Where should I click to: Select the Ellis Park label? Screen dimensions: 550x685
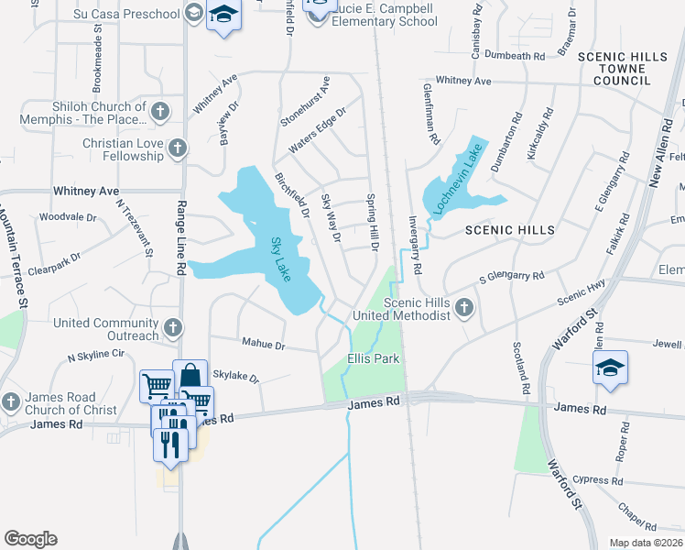click(x=374, y=358)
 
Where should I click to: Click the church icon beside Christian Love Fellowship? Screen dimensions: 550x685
click(x=178, y=148)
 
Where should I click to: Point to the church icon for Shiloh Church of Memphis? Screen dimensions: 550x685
click(x=160, y=113)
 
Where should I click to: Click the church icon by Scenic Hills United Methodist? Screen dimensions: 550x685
click(x=464, y=308)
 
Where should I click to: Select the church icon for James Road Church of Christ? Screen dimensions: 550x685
click(x=10, y=402)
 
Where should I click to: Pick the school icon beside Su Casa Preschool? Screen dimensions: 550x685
click(x=193, y=12)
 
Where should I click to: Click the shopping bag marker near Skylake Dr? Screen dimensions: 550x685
click(x=189, y=376)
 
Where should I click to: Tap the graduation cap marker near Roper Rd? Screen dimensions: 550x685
click(x=610, y=368)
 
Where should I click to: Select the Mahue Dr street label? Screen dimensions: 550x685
click(x=264, y=346)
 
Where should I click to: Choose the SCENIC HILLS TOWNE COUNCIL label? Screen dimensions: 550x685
click(x=622, y=69)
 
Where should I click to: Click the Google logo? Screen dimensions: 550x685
click(x=30, y=539)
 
